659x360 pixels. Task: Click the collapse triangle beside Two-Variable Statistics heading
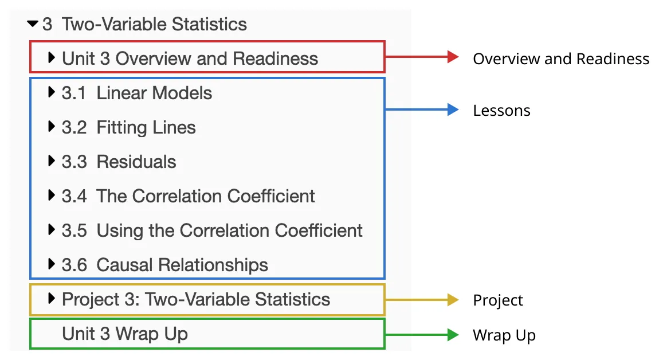[33, 24]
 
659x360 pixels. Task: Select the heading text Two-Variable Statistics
[154, 25]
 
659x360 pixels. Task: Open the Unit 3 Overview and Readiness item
[190, 58]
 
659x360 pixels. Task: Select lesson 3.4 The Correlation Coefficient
[189, 196]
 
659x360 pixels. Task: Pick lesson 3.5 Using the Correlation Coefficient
[212, 230]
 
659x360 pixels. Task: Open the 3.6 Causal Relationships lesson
[165, 265]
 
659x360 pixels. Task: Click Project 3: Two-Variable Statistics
[196, 299]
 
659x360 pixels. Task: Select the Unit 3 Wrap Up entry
[125, 334]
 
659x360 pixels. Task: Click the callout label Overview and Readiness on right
[561, 58]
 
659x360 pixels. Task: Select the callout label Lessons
[501, 111]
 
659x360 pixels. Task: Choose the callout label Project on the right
[497, 300]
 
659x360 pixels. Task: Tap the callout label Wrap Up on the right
[504, 335]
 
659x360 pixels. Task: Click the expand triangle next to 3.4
[52, 196]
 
